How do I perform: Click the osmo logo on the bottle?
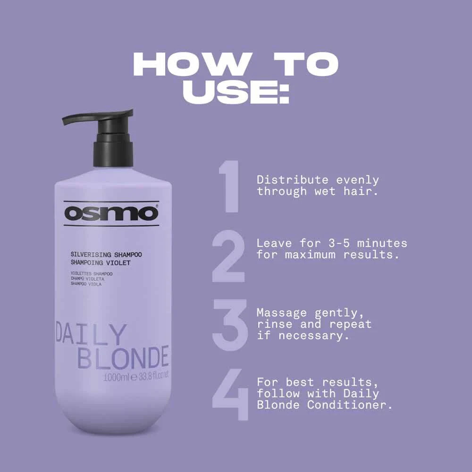point(111,213)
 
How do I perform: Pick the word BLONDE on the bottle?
point(123,357)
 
